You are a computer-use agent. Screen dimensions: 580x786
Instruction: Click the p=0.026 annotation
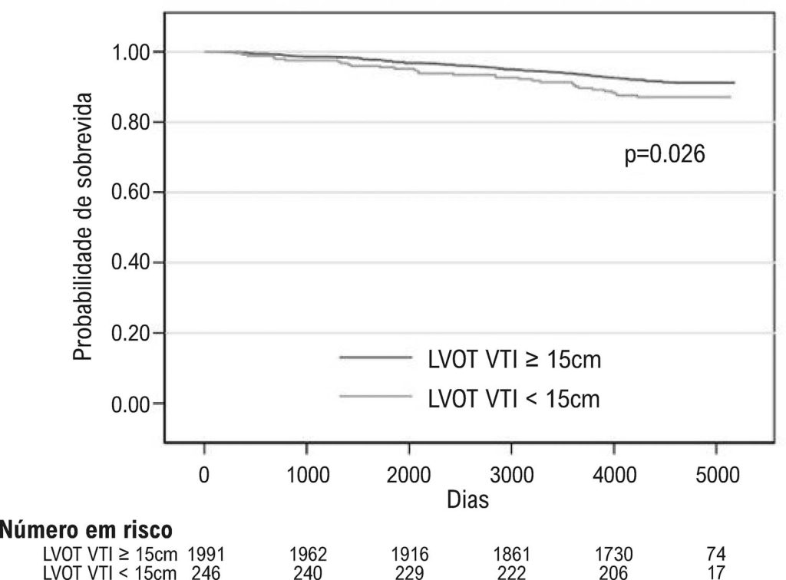coord(665,155)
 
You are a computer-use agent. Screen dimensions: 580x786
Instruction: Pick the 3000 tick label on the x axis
coord(511,476)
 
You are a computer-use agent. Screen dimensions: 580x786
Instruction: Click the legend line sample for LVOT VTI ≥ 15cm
coord(372,358)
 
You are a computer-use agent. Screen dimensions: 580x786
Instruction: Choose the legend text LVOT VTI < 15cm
coord(514,397)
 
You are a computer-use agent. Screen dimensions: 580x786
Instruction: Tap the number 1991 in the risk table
coord(206,552)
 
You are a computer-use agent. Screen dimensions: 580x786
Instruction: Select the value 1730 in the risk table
coord(613,552)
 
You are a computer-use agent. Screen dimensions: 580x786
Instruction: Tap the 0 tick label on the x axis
coord(204,476)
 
